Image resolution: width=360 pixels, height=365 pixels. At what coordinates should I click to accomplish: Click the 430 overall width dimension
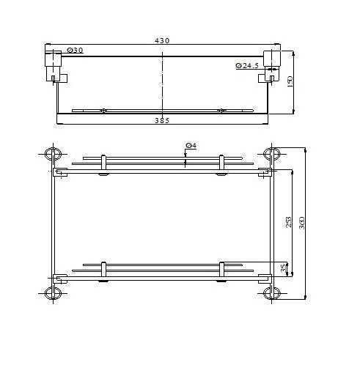[x=163, y=41]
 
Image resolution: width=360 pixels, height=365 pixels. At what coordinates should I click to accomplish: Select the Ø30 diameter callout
[x=74, y=50]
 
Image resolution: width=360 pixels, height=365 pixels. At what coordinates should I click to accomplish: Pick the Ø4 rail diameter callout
[x=190, y=147]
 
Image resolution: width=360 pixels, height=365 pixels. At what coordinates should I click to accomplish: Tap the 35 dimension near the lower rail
[x=284, y=268]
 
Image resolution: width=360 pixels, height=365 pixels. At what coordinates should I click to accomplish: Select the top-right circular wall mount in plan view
[x=272, y=154]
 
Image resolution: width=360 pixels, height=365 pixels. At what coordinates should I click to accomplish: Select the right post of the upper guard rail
[x=221, y=166]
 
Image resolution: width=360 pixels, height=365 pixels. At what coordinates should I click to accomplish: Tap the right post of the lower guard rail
[x=221, y=270]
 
